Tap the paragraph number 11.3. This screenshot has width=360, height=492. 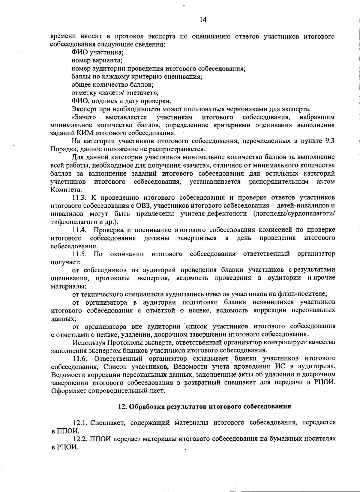79,198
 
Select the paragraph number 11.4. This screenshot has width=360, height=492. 80,230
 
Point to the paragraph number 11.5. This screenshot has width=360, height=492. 80,254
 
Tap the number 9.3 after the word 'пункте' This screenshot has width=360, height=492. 330,141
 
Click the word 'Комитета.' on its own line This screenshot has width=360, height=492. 62,190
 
